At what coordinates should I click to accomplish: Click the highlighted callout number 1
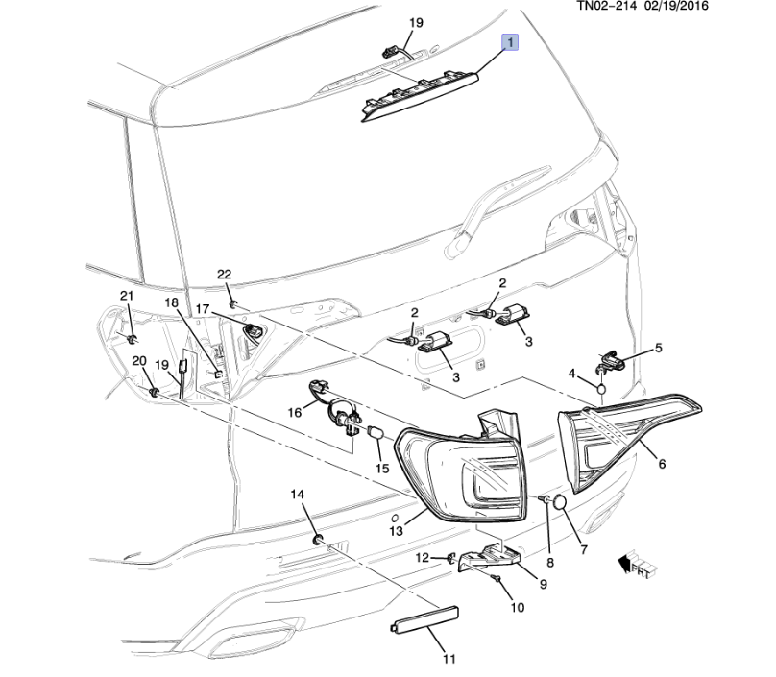click(511, 42)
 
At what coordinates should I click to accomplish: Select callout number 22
click(224, 275)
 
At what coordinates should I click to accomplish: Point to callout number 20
click(137, 360)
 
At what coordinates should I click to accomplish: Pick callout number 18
click(172, 303)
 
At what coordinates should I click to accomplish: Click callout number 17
click(203, 309)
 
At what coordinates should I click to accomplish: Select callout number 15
click(382, 469)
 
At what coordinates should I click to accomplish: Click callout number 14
click(298, 494)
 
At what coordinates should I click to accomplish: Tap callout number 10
click(518, 608)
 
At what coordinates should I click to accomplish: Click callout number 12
click(423, 558)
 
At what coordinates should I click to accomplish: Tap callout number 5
click(658, 348)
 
